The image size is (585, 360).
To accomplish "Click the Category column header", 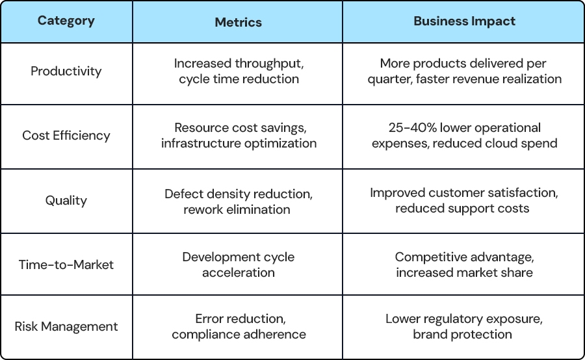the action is [x=66, y=21].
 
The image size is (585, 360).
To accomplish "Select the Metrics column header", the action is [x=238, y=22].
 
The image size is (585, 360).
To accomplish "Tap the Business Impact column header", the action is [x=464, y=21].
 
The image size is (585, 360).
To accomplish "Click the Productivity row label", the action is [x=66, y=71].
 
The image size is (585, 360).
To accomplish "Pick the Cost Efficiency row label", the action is [x=66, y=135].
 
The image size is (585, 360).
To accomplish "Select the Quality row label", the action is [x=66, y=201].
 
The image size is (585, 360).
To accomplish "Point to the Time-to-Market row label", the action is [x=66, y=265].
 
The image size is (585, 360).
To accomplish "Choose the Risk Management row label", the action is [x=66, y=327].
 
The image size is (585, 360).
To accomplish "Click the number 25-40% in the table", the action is [x=412, y=127].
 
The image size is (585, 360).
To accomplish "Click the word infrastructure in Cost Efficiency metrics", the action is [x=201, y=143].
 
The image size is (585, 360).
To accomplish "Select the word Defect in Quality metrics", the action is [x=183, y=194].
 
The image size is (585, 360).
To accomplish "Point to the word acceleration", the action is [x=239, y=273].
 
